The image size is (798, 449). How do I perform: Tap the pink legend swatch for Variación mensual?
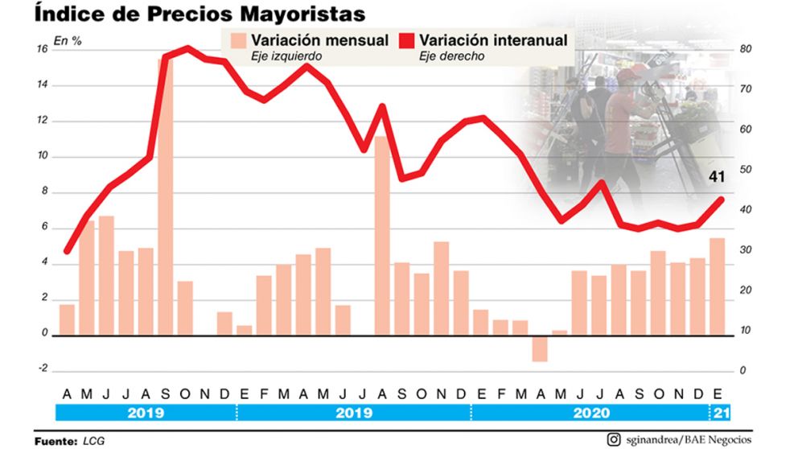(237, 41)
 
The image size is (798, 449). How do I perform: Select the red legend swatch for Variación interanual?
(407, 41)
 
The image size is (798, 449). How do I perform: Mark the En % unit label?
(67, 40)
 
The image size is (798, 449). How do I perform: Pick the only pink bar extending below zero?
(539, 348)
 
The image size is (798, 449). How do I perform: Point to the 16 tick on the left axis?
(42, 49)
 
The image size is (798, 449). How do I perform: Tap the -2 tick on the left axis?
(42, 369)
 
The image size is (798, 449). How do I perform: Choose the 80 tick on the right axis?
(746, 49)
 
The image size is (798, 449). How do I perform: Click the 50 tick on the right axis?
(746, 170)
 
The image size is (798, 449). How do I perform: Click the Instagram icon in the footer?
(614, 439)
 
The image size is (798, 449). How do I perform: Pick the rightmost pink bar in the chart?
(717, 286)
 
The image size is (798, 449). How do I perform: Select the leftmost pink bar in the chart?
(67, 319)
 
